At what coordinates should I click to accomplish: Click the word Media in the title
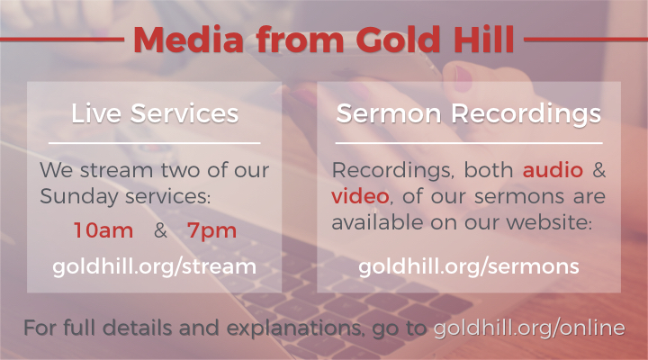pos(188,40)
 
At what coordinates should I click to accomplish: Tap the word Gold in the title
pos(398,40)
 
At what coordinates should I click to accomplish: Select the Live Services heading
pos(155,113)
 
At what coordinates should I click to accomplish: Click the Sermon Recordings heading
pos(469,113)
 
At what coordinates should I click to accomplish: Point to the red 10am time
pos(103,230)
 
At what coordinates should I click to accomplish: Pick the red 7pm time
pos(211,231)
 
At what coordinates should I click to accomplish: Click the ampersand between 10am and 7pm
pos(160,230)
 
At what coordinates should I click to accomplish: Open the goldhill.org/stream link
pos(154,266)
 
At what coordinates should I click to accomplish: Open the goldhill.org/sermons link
pos(469,266)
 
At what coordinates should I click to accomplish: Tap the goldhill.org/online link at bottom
pos(529,328)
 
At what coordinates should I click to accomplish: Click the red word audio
pos(553,170)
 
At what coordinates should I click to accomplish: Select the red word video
pos(360,196)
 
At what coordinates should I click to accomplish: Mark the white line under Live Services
pos(154,143)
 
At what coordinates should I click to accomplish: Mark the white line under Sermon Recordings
pos(469,143)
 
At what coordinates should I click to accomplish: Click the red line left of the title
pos(62,40)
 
